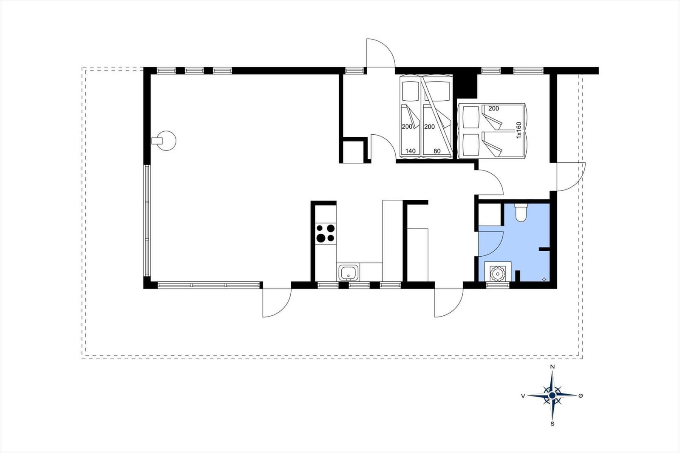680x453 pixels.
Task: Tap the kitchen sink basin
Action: point(348,272)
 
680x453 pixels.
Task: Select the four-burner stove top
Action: point(326,233)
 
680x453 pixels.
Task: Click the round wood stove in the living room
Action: point(166,141)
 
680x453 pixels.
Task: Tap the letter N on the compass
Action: point(552,367)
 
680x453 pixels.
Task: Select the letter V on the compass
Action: point(523,396)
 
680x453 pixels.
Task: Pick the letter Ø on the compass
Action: point(581,396)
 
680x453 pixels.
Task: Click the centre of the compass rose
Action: point(552,395)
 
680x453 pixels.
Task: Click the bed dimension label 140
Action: point(411,151)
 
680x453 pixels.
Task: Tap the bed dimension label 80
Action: point(437,151)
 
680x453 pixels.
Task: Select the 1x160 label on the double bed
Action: point(519,130)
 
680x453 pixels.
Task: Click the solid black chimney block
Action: point(465,85)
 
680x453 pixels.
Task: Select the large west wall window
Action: point(147,221)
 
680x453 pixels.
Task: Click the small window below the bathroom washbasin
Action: point(498,285)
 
